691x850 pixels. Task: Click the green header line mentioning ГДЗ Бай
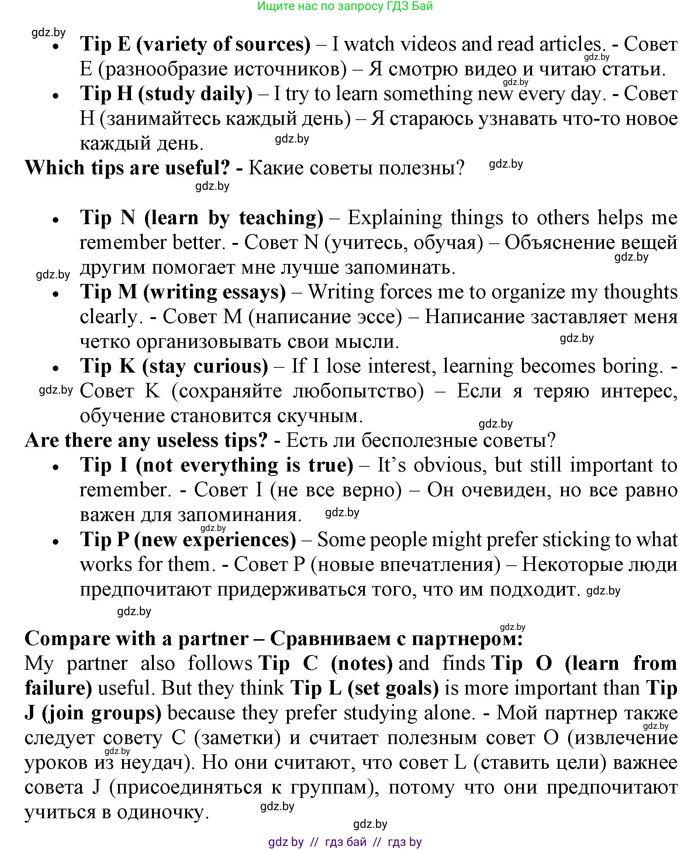point(345,6)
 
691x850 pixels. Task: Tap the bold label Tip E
point(105,44)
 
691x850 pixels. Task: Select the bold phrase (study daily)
point(195,94)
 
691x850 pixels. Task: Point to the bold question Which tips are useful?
point(127,168)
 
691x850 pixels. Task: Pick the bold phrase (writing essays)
point(214,292)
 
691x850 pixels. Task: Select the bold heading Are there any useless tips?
point(146,441)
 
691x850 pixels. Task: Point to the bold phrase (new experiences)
point(215,540)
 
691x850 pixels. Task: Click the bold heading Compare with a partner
point(136,639)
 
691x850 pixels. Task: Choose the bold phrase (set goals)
point(393,688)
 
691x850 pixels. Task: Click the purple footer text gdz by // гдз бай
point(345,842)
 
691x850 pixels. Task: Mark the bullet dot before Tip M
point(56,294)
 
